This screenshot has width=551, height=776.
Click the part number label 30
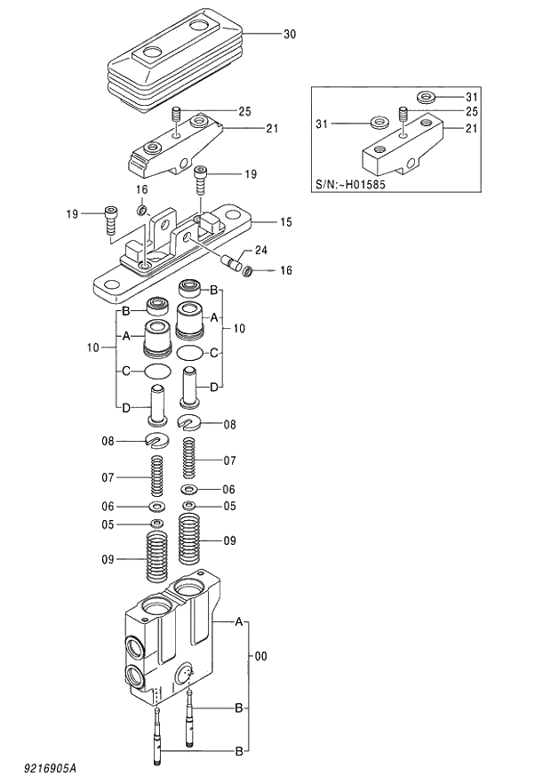click(290, 35)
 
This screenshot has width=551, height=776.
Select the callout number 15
click(286, 221)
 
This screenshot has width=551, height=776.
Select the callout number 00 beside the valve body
click(260, 657)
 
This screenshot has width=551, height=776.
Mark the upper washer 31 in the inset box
click(425, 96)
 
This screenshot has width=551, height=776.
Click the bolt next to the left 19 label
click(110, 219)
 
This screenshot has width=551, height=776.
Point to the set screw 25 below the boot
click(176, 116)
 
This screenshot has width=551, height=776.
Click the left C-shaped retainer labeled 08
click(156, 440)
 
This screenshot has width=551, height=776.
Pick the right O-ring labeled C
click(189, 353)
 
